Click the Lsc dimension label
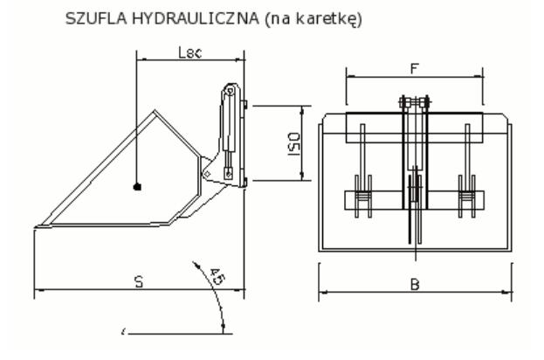189,53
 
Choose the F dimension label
415,66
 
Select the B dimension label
416,283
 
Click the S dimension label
138,281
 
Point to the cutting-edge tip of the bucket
37,229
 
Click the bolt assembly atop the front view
415,106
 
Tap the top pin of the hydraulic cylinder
230,92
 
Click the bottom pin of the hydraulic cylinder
228,171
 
